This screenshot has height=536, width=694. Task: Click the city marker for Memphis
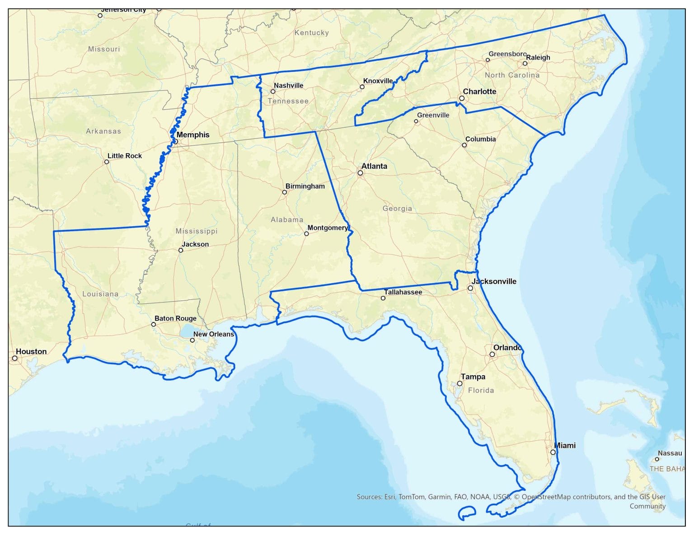(x=176, y=141)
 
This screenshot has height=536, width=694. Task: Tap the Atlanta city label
(x=374, y=166)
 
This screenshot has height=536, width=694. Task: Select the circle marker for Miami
(x=553, y=452)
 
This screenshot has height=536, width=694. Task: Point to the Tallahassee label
(x=403, y=292)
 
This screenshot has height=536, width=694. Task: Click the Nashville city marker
(x=273, y=92)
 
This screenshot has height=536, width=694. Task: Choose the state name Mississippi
(x=197, y=231)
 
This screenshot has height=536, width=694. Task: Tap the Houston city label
(x=31, y=351)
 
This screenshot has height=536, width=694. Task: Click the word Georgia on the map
(x=397, y=209)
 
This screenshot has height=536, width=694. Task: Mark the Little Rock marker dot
(x=107, y=162)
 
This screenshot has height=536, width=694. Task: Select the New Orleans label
(x=214, y=334)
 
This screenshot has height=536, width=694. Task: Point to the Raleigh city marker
(x=525, y=63)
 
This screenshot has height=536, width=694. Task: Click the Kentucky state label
(x=311, y=33)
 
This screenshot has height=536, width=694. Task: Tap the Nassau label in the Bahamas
(x=670, y=453)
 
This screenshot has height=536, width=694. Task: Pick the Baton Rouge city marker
(x=154, y=324)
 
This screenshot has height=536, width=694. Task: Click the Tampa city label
(x=473, y=377)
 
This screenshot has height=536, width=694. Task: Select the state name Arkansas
(x=103, y=131)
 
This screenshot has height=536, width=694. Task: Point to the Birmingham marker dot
(x=284, y=192)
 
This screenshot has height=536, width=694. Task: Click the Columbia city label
(x=480, y=139)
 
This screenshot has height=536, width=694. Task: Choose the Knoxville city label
(x=378, y=81)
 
